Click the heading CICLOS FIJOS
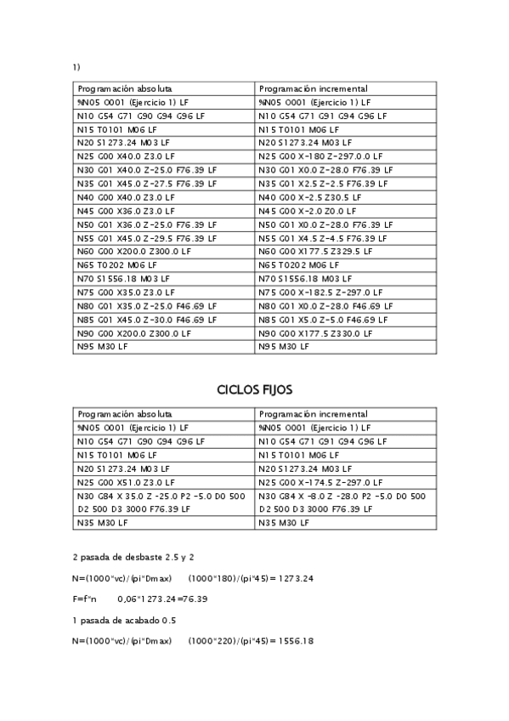pyautogui.click(x=254, y=390)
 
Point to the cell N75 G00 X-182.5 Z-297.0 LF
pyautogui.click(x=319, y=292)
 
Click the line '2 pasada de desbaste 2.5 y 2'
pyautogui.click(x=133, y=557)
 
